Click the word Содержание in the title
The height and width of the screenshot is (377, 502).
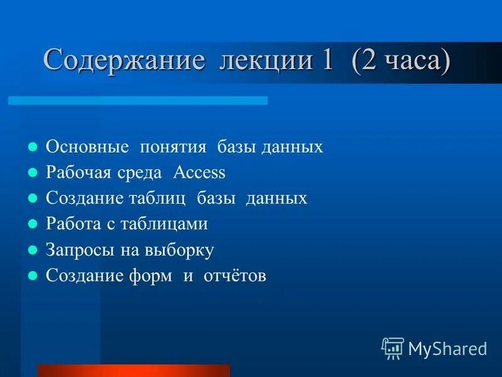click(x=124, y=61)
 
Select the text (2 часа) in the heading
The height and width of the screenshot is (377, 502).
click(x=401, y=61)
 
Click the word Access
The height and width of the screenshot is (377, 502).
click(x=199, y=173)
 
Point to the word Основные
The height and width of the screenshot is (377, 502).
click(x=88, y=147)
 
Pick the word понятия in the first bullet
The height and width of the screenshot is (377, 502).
click(x=174, y=148)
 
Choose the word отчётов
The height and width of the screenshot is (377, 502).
click(x=235, y=276)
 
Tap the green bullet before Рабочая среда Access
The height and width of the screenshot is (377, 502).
click(x=33, y=173)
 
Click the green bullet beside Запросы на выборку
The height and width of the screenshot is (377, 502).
click(x=33, y=250)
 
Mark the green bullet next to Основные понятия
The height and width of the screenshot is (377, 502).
click(x=33, y=147)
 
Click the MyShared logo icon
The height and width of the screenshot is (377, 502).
click(x=392, y=347)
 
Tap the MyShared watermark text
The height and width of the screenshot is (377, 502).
click(x=447, y=348)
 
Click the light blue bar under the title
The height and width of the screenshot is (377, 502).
click(x=137, y=101)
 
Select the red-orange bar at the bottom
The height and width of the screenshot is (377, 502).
click(x=134, y=370)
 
